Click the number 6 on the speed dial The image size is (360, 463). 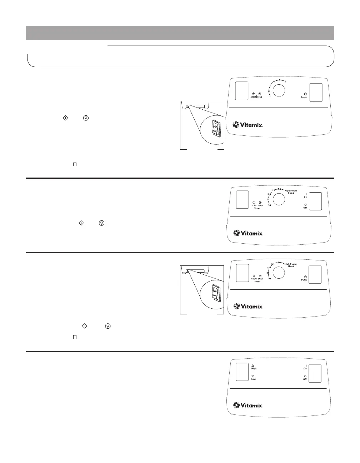285,81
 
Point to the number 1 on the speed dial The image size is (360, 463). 270,96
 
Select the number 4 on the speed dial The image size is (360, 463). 274,82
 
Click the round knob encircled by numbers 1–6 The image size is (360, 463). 279,90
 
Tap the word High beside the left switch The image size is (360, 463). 254,368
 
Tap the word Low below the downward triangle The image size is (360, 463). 253,379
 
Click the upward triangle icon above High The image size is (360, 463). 253,365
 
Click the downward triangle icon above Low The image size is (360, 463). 253,376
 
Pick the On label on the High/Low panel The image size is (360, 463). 305,368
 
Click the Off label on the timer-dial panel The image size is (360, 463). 305,208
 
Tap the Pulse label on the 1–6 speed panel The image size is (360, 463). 304,97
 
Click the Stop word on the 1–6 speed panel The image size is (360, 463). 260,97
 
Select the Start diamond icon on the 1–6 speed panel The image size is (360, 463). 253,94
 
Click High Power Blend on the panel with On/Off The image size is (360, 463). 291,192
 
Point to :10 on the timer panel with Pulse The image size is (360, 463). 269,278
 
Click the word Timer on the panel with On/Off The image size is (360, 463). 257,208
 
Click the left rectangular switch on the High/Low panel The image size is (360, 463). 242,372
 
